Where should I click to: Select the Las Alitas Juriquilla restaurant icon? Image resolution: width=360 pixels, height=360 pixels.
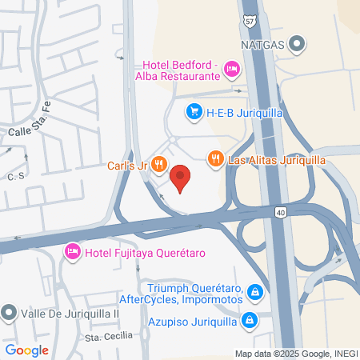tap(214, 160)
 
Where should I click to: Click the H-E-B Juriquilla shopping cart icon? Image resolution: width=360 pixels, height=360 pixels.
tap(193, 113)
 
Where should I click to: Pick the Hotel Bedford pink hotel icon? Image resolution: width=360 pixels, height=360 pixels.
tap(232, 70)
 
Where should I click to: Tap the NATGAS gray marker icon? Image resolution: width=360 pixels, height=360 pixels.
tap(298, 43)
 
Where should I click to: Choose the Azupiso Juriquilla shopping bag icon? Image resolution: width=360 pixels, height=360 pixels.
tap(250, 321)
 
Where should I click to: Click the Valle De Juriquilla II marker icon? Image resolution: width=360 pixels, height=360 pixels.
tap(9, 312)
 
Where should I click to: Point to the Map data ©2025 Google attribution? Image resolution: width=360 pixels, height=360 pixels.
tap(294, 353)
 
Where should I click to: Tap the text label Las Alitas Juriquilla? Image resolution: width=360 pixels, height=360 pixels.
tap(276, 160)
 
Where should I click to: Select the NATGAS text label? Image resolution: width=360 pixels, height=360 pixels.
tap(262, 43)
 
